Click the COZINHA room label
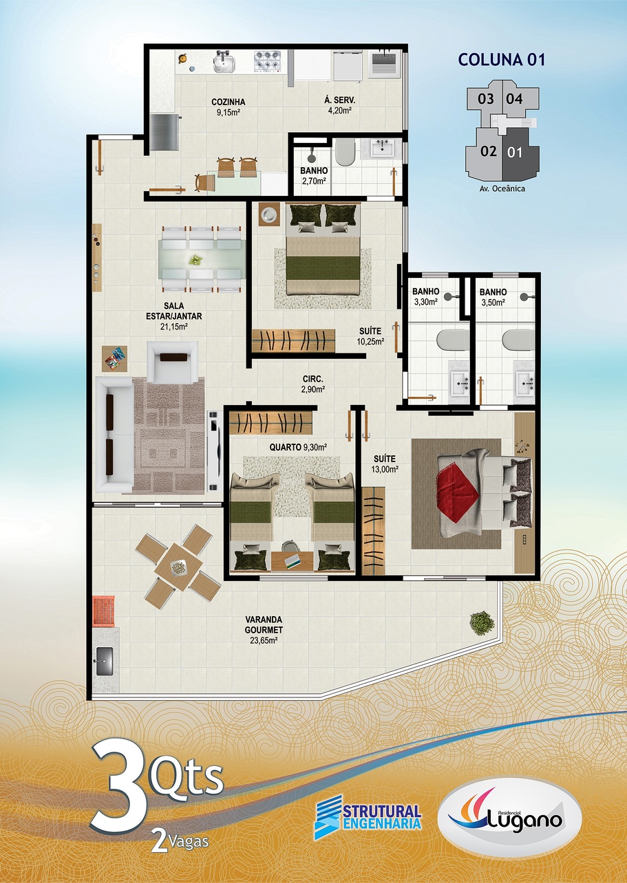(228, 102)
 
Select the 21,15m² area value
(174, 327)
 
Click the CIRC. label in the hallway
(313, 380)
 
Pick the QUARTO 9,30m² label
(298, 447)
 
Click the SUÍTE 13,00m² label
(384, 464)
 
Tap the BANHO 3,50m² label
(493, 298)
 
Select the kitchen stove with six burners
(268, 61)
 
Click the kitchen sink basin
(224, 63)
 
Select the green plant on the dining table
(195, 259)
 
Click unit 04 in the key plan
(515, 98)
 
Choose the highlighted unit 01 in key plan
(515, 153)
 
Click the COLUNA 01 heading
(502, 60)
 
